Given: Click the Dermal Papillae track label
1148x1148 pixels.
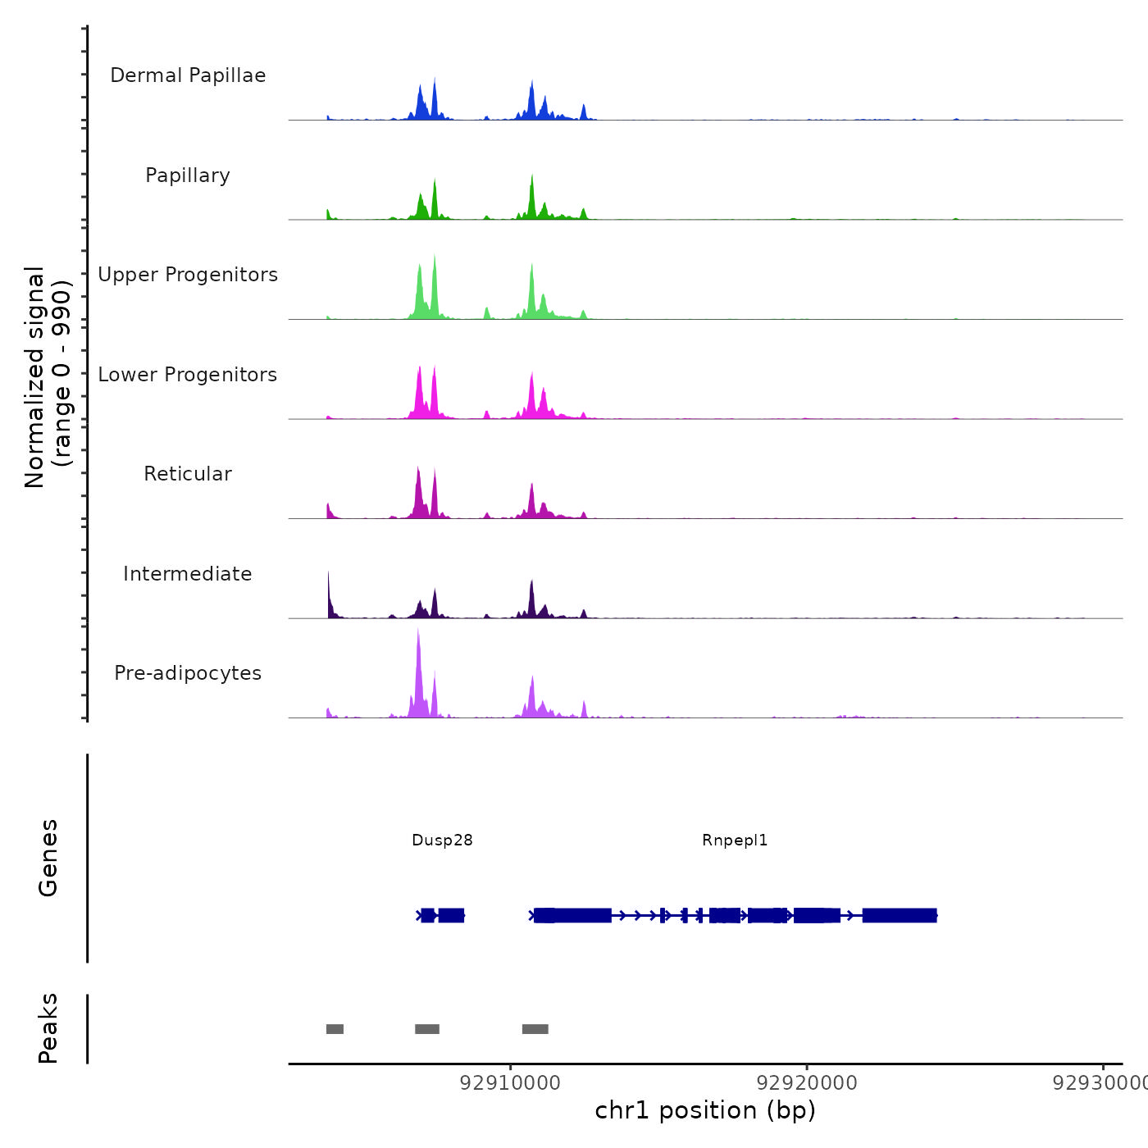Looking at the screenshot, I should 188,75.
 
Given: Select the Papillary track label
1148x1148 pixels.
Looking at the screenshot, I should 188,175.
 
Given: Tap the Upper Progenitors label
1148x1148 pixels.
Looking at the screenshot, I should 188,275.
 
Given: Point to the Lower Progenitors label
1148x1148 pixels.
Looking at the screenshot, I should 188,375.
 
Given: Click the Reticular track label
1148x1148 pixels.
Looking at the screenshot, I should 188,474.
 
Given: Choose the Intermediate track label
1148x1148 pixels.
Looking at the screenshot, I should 188,574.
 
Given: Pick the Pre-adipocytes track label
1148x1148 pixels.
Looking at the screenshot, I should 188,673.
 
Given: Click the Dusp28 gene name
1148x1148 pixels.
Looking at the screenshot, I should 442,840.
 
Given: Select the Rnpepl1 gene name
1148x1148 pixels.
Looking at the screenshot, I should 735,840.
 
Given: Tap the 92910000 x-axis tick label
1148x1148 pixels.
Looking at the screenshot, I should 510,1083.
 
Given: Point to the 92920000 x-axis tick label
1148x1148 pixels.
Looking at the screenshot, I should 807,1083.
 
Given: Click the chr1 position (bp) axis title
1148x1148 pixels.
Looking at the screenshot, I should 705,1110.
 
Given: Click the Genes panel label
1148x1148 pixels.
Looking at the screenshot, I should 48,858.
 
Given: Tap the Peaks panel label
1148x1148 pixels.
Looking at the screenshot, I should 48,1028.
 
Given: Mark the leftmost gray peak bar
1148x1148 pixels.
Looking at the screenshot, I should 335,1029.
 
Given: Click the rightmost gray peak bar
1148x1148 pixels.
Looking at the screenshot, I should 535,1029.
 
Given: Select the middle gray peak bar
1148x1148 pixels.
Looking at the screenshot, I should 427,1029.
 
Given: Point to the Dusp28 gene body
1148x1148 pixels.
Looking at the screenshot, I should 443,915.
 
